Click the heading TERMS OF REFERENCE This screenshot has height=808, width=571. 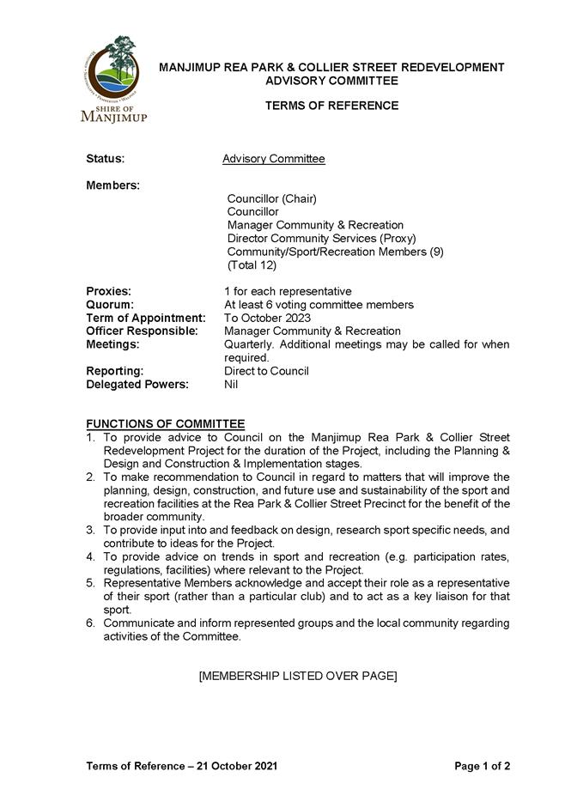(x=331, y=106)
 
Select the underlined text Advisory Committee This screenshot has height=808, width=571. (x=273, y=159)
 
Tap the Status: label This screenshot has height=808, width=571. (x=106, y=159)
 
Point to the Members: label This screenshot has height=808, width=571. (x=112, y=185)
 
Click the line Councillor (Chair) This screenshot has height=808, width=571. (x=271, y=198)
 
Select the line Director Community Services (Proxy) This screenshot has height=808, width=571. (x=321, y=238)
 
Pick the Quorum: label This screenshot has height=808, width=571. (x=110, y=305)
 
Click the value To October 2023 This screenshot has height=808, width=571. (x=267, y=318)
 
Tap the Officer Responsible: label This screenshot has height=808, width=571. (x=142, y=331)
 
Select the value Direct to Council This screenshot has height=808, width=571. (x=266, y=371)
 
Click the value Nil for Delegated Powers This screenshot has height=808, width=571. (x=231, y=384)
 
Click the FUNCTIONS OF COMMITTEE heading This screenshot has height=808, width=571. (x=165, y=424)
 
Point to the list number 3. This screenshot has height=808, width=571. (x=90, y=530)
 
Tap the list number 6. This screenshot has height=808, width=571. (x=90, y=623)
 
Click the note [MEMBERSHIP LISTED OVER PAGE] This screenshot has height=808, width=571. (x=297, y=676)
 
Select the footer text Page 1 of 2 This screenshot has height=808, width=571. (x=482, y=766)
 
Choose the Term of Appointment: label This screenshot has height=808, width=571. (x=145, y=318)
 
